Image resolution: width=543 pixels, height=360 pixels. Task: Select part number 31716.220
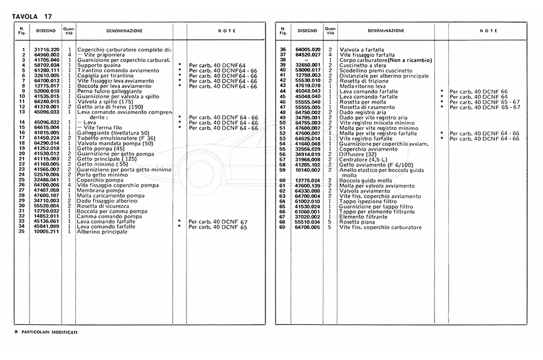47,49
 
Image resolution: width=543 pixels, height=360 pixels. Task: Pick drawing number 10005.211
47,231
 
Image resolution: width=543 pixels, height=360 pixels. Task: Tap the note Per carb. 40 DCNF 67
218,222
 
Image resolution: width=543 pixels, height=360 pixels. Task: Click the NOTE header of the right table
489,30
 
